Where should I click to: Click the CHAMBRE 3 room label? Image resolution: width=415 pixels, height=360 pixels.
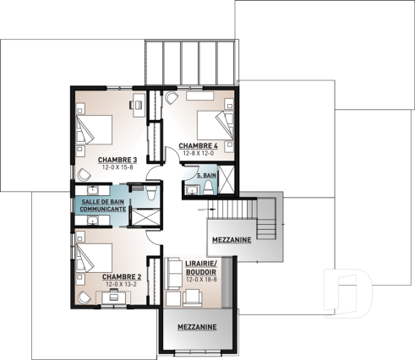(x=117, y=159)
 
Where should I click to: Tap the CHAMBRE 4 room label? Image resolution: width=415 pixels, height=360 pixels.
(x=199, y=145)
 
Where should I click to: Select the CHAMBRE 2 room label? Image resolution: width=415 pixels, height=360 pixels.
(x=121, y=276)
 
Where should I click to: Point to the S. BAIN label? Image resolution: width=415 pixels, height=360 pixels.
(x=203, y=173)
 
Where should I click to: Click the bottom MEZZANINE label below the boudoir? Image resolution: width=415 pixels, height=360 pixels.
(x=196, y=327)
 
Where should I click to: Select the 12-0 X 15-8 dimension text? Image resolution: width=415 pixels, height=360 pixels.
(x=117, y=166)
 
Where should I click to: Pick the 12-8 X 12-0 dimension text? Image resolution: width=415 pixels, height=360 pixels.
(x=199, y=153)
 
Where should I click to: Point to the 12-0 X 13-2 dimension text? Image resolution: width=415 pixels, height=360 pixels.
(x=121, y=284)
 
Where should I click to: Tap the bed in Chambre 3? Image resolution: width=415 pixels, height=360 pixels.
(x=96, y=128)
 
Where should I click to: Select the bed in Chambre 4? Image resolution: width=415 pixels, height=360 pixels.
(x=212, y=123)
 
